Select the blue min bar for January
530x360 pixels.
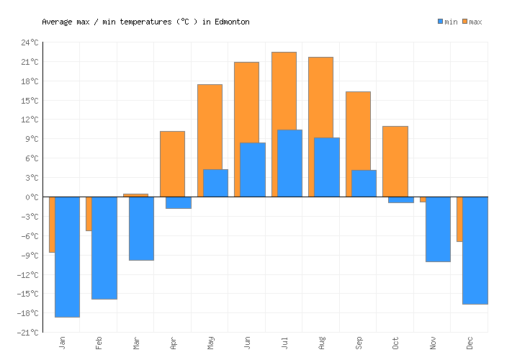(x=67, y=256)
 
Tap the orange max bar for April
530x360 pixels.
(x=172, y=163)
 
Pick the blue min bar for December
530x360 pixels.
(x=475, y=250)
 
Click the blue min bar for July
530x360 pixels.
(x=289, y=163)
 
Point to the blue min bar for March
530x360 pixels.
(x=141, y=228)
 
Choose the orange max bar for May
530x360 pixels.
(x=210, y=126)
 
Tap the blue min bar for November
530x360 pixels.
(x=438, y=229)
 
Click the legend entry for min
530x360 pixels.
(x=447, y=22)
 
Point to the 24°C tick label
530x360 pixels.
(x=30, y=42)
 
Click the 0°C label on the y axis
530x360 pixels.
(x=32, y=197)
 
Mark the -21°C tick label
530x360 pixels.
(x=28, y=332)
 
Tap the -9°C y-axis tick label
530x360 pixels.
(x=30, y=255)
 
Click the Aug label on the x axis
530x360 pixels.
(x=321, y=342)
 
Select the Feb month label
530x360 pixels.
(x=99, y=342)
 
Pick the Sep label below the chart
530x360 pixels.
(x=358, y=342)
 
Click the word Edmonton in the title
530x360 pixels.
(x=231, y=22)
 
